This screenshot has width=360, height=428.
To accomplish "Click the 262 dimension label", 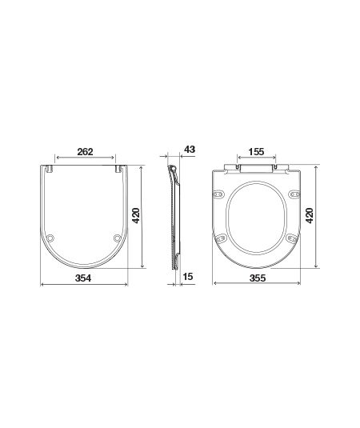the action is coord(85,152).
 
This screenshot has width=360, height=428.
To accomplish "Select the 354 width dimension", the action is coord(83,278).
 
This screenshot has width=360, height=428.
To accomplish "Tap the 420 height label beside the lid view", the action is coord(136,215).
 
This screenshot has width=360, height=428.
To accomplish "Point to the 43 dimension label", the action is coord(190,150).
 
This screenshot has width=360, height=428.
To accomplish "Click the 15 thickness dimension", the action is coord(188,277).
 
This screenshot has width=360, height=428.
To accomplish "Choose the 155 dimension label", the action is coord(256,151).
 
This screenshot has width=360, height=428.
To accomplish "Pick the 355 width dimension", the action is coord(258,278).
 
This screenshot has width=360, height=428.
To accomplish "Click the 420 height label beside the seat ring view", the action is coord(310,215).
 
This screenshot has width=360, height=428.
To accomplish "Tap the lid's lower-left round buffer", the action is coord(50,238).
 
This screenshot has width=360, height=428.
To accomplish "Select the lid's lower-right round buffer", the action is coord(118,238).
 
